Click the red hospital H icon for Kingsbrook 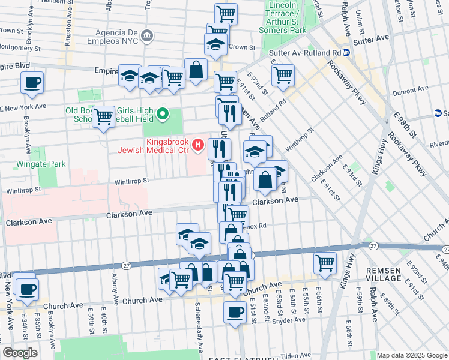(197, 145)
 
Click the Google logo (20, 353)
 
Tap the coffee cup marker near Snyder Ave (235, 312)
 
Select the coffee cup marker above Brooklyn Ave (32, 83)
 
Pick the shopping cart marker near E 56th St (324, 263)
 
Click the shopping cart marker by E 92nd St (282, 75)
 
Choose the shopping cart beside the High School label (104, 116)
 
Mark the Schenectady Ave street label (198, 328)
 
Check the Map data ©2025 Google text (412, 355)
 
